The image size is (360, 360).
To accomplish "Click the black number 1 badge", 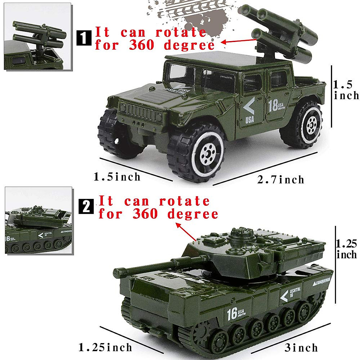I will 84,38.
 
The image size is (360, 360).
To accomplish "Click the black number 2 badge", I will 86,207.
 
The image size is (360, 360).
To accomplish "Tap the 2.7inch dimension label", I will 281,180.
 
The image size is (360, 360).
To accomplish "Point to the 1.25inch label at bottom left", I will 105,347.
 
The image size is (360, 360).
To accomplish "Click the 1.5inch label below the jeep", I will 117,177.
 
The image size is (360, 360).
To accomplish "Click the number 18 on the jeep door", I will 273,106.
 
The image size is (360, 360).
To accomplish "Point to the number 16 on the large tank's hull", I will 232,313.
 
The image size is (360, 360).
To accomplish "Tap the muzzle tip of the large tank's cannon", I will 116,272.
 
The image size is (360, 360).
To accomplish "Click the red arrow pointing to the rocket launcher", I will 238,41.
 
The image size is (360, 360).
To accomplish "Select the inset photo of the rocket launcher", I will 38,37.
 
